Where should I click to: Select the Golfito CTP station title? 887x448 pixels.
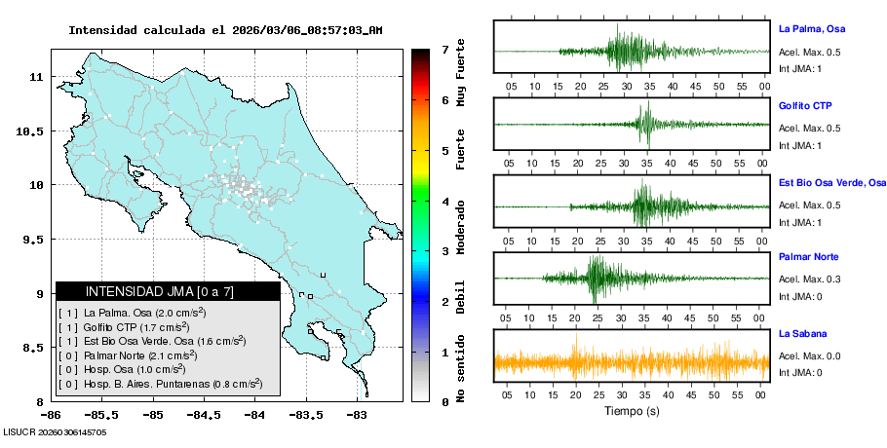click(805, 104)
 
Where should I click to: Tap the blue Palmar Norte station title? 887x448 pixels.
click(809, 257)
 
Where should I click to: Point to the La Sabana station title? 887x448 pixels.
click(803, 333)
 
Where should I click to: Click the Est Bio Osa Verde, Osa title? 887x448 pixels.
click(831, 181)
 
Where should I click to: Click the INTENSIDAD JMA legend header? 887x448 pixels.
click(168, 291)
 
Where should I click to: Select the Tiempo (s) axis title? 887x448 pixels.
click(632, 411)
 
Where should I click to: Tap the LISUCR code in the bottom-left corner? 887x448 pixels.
click(54, 430)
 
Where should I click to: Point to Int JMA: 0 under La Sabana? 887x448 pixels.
click(799, 372)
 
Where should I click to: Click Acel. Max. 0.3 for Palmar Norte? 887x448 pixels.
click(809, 280)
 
